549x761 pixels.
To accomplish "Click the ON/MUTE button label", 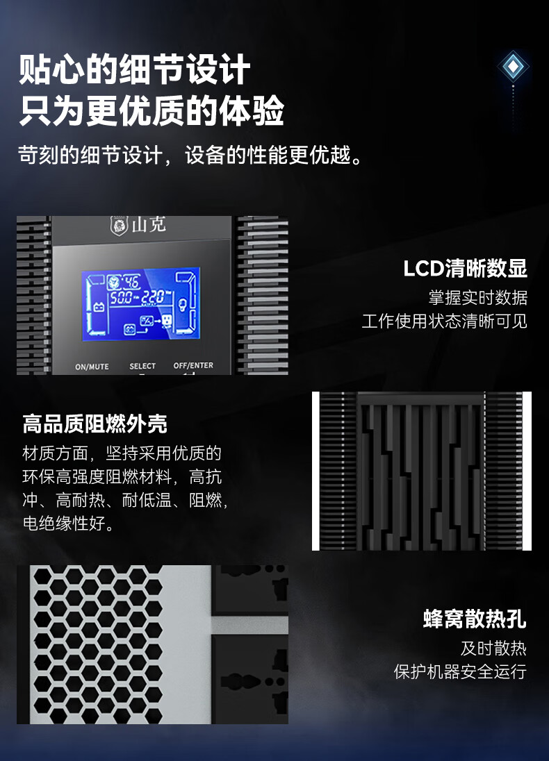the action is coord(92,367).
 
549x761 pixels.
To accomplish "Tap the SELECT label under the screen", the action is coord(142,366).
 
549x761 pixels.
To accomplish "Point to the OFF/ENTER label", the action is coord(193,365).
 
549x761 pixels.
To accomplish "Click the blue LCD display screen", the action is coord(141,304).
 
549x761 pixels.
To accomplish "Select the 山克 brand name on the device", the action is coord(149,225).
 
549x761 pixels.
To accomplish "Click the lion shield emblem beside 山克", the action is coord(119,226).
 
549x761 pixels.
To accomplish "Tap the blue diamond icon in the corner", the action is coord(513,67).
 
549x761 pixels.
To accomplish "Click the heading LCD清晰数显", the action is coord(466,269).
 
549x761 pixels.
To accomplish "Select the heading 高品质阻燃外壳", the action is coord(95,424).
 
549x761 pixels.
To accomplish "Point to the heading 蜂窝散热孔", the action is coord(475,619).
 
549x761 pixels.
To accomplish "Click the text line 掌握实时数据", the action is coord(478,297).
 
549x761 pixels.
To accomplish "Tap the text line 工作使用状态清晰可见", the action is coord(445,321).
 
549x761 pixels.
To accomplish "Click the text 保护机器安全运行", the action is coord(460,671).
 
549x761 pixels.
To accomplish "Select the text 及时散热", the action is coord(493,649).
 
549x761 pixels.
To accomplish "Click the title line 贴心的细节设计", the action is coord(135,69).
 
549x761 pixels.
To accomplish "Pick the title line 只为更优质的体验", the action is coord(151,110).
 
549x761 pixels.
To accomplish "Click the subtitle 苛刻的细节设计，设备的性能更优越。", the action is coord(190,156).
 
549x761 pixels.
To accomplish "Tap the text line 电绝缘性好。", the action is coord(69,524).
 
